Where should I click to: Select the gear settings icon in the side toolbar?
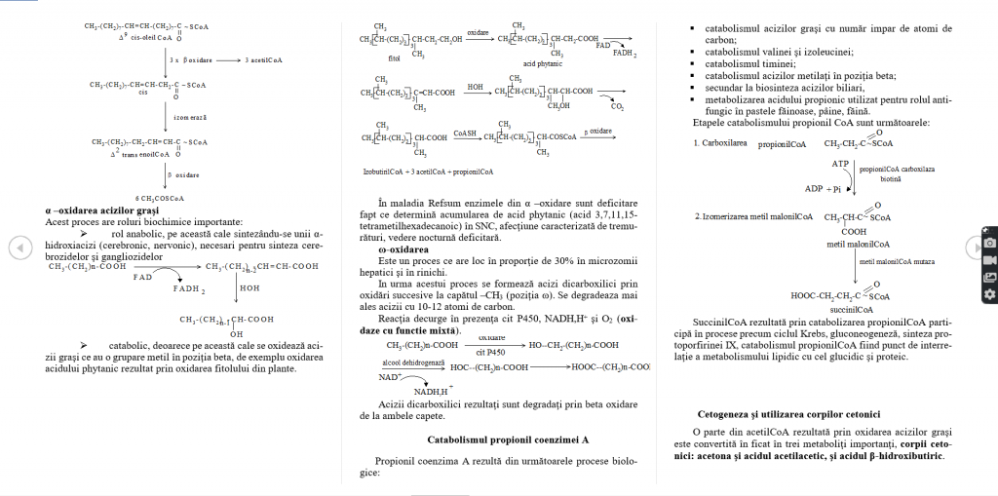coord(989,293)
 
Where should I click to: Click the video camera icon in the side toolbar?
coord(989,260)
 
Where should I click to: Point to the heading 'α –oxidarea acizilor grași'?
coord(101,210)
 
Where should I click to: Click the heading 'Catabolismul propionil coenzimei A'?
coord(508,439)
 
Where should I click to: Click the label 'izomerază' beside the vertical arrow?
coord(188,117)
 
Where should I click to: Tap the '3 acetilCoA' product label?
coord(263,60)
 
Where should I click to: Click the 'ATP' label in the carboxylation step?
coord(840,164)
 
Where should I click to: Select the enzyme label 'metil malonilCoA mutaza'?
coord(898,262)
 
